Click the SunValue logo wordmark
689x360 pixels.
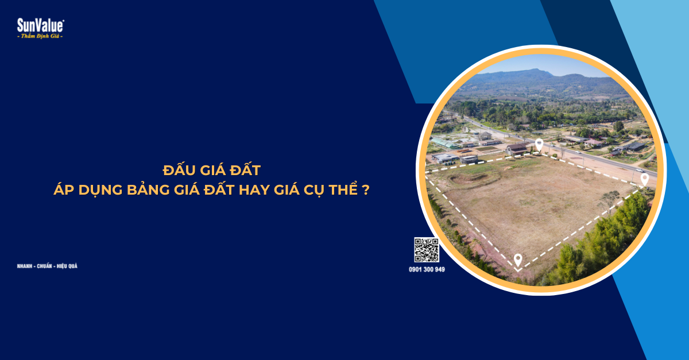40,25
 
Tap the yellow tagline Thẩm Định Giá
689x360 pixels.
40,36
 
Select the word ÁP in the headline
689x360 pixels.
61,190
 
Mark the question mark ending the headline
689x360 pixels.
366,190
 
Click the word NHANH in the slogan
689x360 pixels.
25,266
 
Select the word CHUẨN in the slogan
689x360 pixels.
44,266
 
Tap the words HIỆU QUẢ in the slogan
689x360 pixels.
67,266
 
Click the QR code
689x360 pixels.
427,250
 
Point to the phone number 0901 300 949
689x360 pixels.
427,269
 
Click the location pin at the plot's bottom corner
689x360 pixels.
518,260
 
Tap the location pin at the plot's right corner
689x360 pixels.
644,179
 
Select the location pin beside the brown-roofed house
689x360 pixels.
539,144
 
